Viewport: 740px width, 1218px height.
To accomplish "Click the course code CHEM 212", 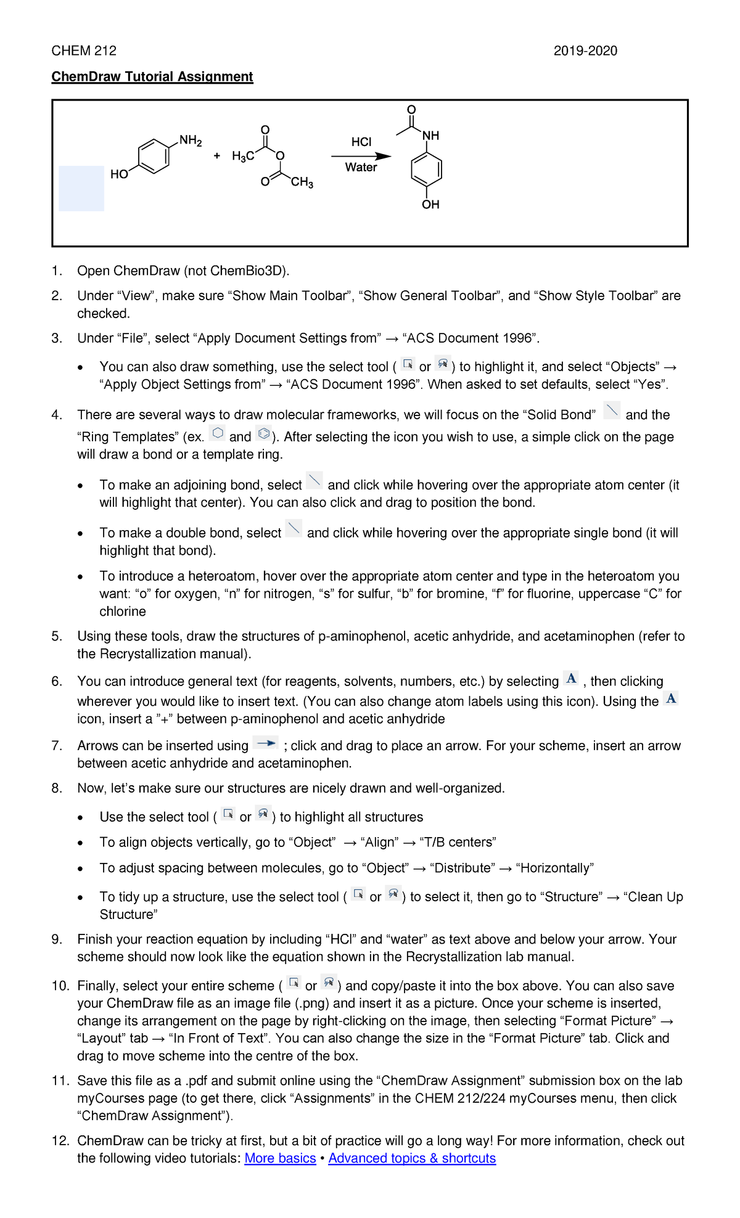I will coord(84,51).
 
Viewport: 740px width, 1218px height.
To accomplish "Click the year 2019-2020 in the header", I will coord(585,51).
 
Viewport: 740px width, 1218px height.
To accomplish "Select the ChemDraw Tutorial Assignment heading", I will coord(152,76).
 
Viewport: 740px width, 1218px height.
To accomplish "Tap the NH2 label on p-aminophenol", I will coord(191,141).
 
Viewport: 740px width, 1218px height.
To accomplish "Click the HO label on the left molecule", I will coord(119,174).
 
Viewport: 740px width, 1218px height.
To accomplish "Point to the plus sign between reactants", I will coord(216,156).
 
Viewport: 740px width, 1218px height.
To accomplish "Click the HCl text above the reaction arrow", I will coord(361,142).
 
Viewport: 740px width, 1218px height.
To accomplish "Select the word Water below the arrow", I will coord(361,167).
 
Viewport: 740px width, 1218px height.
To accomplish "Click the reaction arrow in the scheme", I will coord(361,156).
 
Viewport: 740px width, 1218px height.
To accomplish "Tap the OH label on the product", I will coord(430,205).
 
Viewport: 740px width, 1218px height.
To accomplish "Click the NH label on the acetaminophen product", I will coord(430,136).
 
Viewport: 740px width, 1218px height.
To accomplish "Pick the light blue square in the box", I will coord(81,188).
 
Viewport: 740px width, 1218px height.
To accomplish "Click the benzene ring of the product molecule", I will coord(427,169).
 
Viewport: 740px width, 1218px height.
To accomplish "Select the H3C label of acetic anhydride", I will coord(243,157).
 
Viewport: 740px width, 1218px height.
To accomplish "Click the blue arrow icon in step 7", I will coord(266,743).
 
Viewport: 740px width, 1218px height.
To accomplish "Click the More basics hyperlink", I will coord(280,1158).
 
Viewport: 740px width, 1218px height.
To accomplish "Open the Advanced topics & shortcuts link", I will coord(412,1158).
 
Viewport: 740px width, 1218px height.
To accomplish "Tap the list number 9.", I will coord(57,939).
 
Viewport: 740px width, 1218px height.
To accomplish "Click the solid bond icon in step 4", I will coord(612,411).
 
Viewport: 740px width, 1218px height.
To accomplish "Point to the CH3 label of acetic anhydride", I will coord(302,182).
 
